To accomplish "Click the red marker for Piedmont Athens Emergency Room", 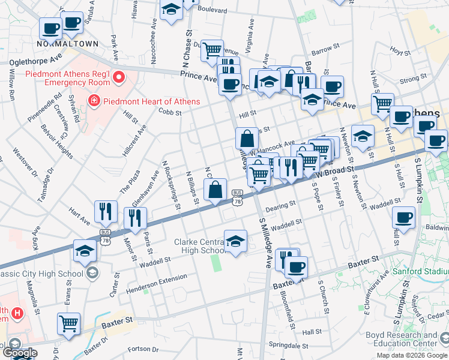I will (x=119, y=77).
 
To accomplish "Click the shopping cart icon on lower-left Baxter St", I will (x=69, y=323).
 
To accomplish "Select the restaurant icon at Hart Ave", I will (x=106, y=211).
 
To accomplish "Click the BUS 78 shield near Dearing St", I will (x=238, y=198).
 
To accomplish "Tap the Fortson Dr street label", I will (x=143, y=349).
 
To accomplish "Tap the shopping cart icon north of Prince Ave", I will (x=212, y=50).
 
